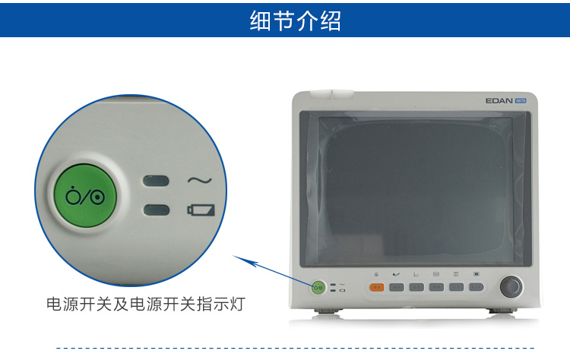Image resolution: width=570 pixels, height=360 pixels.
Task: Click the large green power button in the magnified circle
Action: point(85,196)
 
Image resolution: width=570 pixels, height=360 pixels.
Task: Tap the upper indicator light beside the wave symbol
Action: point(156,181)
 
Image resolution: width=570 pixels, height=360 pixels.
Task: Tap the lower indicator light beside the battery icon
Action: point(157,210)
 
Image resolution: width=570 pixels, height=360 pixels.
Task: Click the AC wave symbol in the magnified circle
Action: point(200,180)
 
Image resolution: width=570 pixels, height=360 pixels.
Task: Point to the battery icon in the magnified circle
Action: point(201,210)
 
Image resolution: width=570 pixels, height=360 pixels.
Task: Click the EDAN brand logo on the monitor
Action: point(499,100)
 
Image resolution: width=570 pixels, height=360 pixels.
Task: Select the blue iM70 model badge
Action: point(521,100)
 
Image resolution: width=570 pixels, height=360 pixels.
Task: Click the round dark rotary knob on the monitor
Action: point(511,286)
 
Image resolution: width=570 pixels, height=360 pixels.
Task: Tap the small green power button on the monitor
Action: point(318,287)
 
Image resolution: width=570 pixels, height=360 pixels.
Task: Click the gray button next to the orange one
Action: point(397,287)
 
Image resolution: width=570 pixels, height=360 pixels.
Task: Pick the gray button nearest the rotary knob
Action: point(477,287)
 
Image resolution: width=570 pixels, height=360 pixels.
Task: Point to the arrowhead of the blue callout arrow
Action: point(234,256)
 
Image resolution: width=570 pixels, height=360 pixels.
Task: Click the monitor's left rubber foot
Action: point(326,311)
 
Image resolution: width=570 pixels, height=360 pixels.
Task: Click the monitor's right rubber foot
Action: point(503,311)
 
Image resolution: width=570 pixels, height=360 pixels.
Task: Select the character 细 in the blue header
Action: point(260,21)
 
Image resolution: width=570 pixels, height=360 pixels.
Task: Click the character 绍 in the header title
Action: point(331,21)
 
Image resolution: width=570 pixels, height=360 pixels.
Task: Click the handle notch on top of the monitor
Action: point(332,94)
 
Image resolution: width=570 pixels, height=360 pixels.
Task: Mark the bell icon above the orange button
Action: point(376,274)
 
